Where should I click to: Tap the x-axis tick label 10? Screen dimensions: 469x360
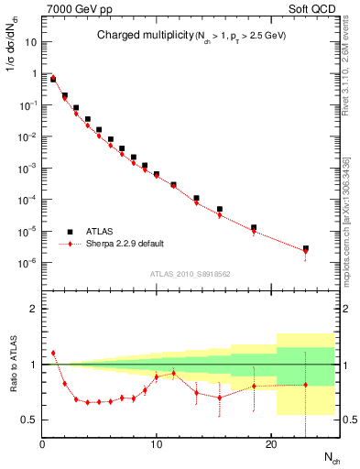pyautogui.click(x=157, y=446)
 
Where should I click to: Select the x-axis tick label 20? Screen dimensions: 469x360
pyautogui.click(x=270, y=446)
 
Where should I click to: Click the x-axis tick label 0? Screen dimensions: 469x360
pyautogui.click(x=43, y=446)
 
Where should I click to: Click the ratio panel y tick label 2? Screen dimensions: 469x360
pyautogui.click(x=35, y=309)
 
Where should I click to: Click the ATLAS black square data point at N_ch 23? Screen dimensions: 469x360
pyautogui.click(x=305, y=248)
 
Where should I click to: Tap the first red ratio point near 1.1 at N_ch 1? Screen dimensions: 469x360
pyautogui.click(x=53, y=353)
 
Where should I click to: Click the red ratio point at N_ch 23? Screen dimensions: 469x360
pyautogui.click(x=305, y=385)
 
